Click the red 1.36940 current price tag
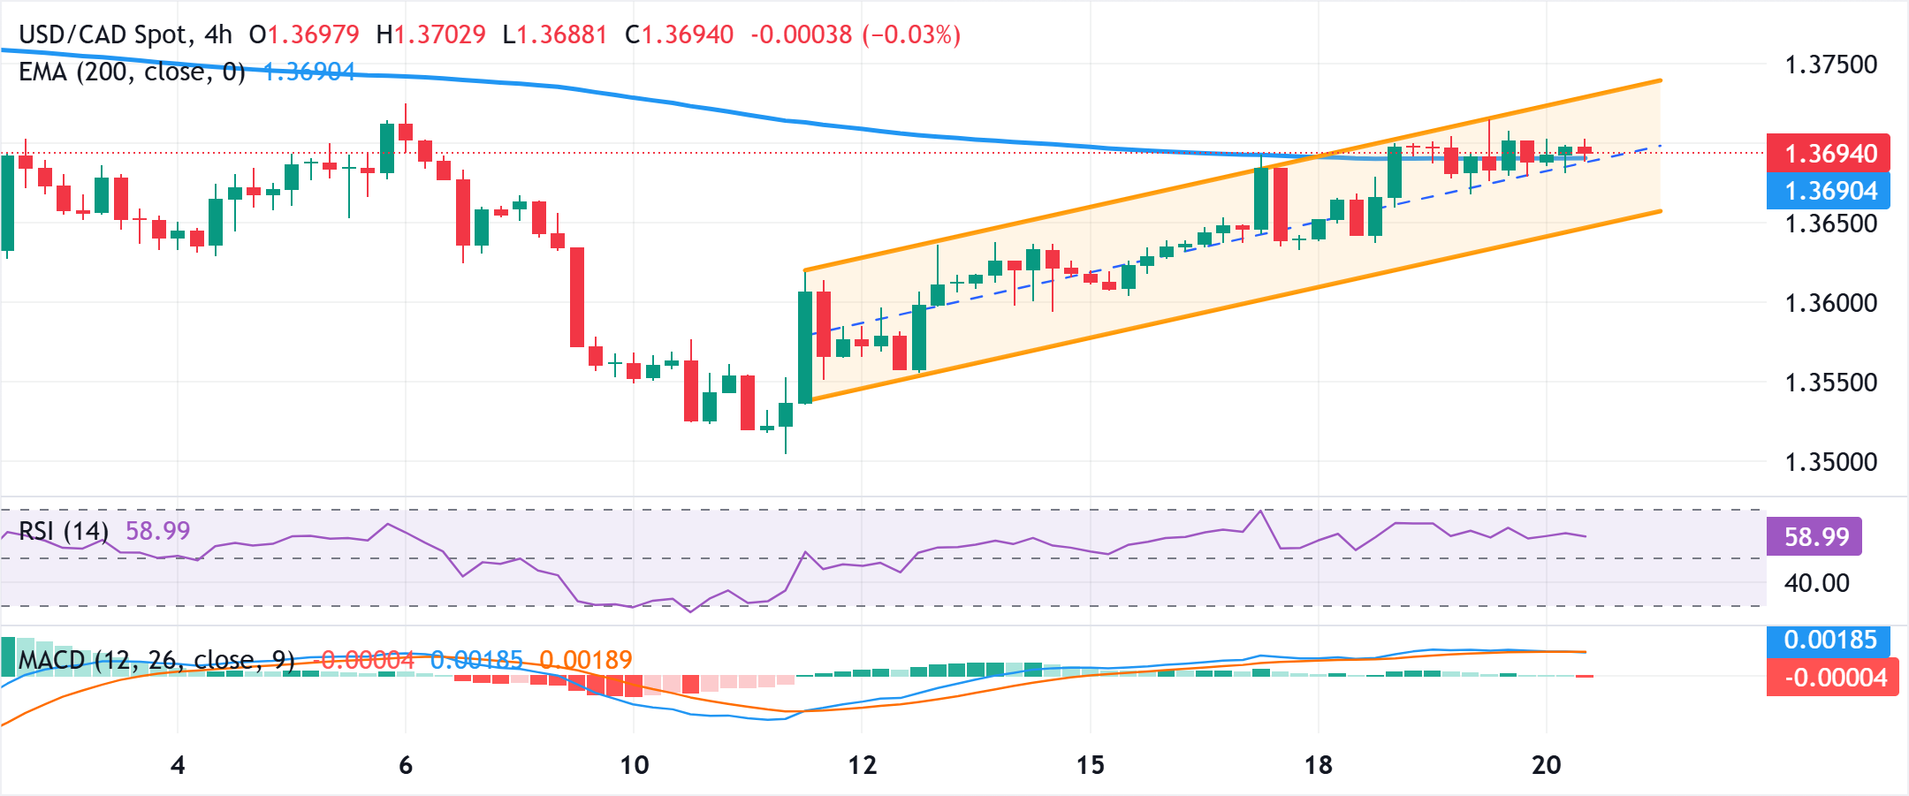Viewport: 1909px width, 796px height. (x=1828, y=154)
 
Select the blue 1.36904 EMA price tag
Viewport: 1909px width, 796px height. (x=1828, y=191)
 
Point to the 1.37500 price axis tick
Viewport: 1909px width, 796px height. (x=1830, y=64)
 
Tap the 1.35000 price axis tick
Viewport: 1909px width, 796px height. (x=1830, y=462)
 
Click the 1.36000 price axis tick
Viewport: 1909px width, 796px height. (x=1830, y=303)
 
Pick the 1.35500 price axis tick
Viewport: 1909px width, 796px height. (x=1830, y=383)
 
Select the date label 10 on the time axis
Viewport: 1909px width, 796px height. (x=634, y=764)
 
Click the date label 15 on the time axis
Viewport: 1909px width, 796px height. (x=1090, y=764)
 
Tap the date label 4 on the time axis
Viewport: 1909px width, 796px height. (x=178, y=764)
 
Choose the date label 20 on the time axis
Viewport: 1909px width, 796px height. (x=1546, y=764)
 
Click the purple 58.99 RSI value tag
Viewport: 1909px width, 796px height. (x=1814, y=536)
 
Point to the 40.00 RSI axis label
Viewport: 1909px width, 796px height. (x=1816, y=583)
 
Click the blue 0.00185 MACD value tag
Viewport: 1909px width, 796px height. (x=1828, y=640)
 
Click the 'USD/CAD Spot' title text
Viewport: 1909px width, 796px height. (x=103, y=34)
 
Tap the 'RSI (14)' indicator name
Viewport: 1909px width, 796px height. (x=64, y=531)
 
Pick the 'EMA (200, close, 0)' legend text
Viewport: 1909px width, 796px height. (x=132, y=72)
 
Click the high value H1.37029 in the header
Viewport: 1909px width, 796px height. (x=431, y=34)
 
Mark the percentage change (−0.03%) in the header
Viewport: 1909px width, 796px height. (x=911, y=34)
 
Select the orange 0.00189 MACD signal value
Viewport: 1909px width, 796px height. (x=586, y=660)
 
